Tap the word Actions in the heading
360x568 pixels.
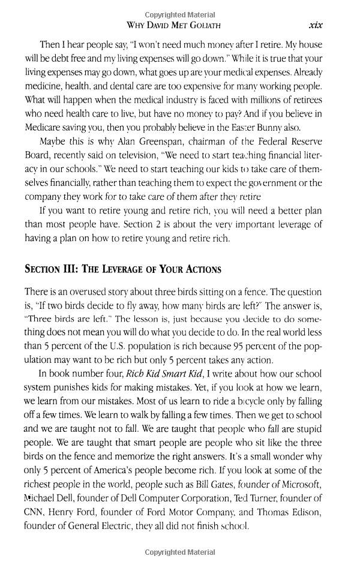tap(197, 269)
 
